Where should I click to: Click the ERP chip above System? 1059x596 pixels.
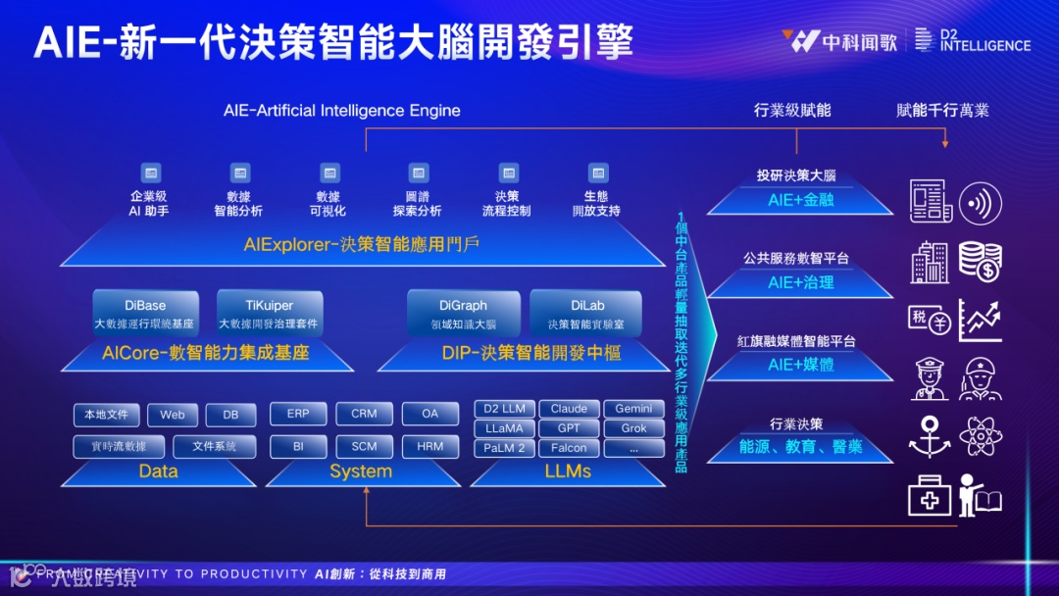click(x=298, y=414)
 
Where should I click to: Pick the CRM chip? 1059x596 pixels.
click(x=364, y=414)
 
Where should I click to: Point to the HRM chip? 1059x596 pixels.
click(x=429, y=446)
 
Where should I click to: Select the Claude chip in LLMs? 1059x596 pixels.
click(x=569, y=409)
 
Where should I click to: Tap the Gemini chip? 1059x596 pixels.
click(x=633, y=409)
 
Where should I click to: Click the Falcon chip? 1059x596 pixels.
click(x=569, y=448)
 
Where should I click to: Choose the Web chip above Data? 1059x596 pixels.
click(x=173, y=415)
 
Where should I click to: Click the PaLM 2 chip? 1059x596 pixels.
click(x=504, y=448)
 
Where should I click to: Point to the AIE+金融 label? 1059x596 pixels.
click(x=800, y=200)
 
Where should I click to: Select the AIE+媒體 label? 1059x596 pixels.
click(x=800, y=365)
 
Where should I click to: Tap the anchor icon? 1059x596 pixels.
click(x=929, y=436)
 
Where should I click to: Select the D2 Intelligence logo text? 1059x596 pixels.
click(x=984, y=39)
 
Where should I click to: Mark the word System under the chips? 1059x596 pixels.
click(x=361, y=472)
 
